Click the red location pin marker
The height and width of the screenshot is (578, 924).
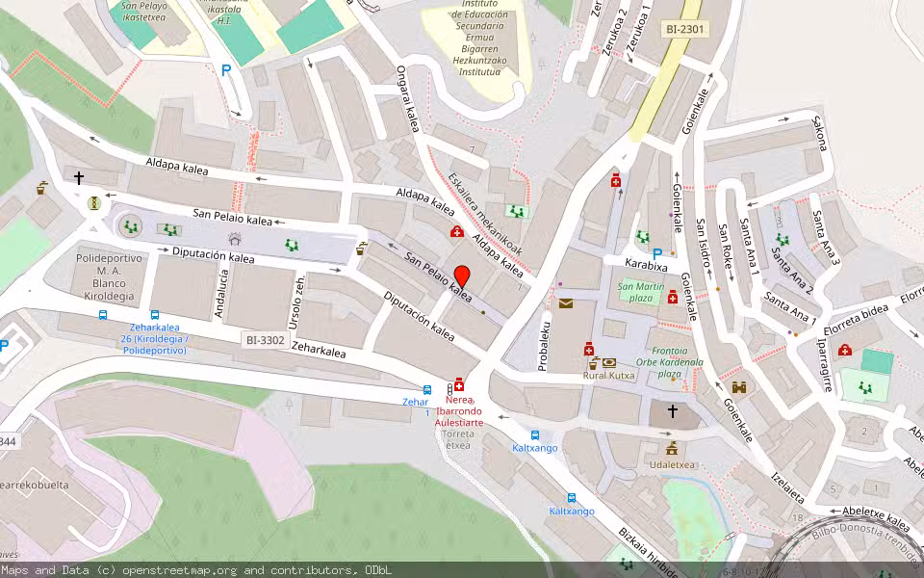[x=461, y=276]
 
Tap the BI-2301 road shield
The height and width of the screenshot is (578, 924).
[x=684, y=30]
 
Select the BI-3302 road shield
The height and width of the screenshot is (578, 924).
[x=265, y=340]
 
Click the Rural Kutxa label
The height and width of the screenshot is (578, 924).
[x=608, y=376]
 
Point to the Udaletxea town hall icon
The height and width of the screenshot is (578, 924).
[x=672, y=449]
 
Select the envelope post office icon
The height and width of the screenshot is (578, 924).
[x=566, y=303]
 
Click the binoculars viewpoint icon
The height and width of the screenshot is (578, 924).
[x=739, y=387]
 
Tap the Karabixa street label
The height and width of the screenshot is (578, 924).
[x=646, y=264]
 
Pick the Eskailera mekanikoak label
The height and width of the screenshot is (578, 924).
[x=485, y=213]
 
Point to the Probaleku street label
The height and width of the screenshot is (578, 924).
[x=544, y=346]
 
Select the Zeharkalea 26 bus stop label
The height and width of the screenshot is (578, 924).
[x=154, y=339]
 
